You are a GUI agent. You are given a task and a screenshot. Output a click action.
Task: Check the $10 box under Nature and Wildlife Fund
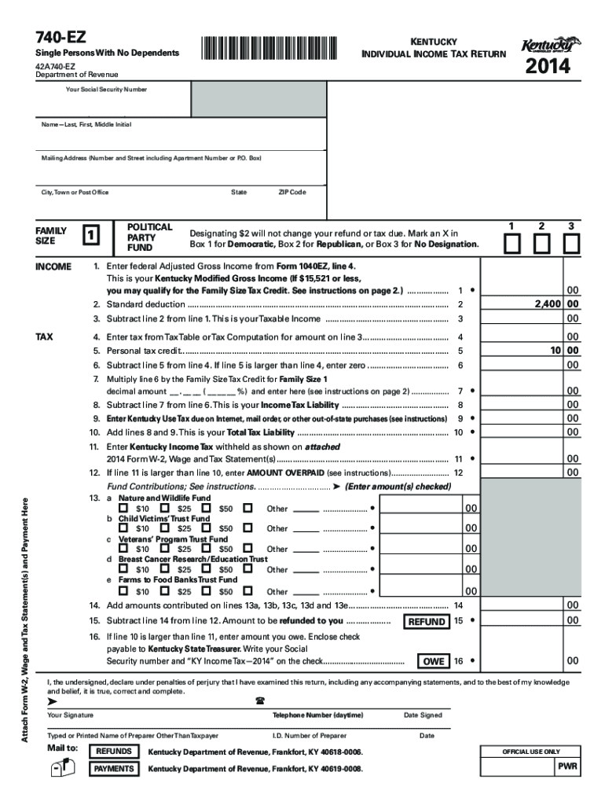pyautogui.click(x=123, y=509)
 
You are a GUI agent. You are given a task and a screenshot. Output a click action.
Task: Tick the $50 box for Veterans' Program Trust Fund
pyautogui.click(x=247, y=550)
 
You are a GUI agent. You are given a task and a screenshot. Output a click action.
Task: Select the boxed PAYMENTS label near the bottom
pyautogui.click(x=114, y=768)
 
